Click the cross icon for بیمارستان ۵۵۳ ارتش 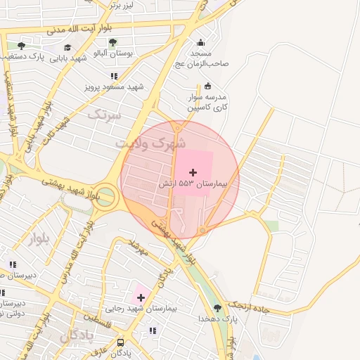pyautogui.click(x=193, y=172)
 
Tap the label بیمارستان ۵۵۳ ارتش pyautogui.click(x=193, y=183)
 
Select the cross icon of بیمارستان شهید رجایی pyautogui.click(x=141, y=297)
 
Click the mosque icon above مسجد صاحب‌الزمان pyautogui.click(x=201, y=41)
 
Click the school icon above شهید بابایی pyautogui.click(x=67, y=47)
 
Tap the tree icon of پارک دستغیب pyautogui.click(x=22, y=45)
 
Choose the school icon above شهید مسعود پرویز pyautogui.click(x=113, y=76)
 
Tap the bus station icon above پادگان pyautogui.click(x=121, y=342)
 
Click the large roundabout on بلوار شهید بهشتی pyautogui.click(x=105, y=196)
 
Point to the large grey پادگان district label pyautogui.click(x=76, y=335)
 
